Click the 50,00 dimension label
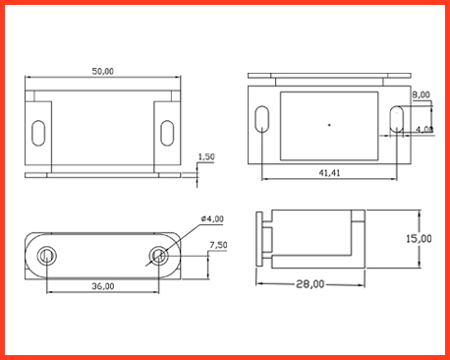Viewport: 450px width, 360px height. (103, 71)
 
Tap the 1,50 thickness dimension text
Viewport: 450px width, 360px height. (206, 156)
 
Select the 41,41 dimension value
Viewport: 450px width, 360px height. (329, 173)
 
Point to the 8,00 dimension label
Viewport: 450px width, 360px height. (421, 94)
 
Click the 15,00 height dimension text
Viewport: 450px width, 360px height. (419, 238)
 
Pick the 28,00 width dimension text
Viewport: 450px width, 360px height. (310, 284)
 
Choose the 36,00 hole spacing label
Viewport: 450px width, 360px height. (103, 286)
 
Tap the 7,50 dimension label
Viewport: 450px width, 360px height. (218, 245)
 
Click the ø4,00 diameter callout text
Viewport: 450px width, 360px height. (212, 218)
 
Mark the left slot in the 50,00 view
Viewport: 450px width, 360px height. (38, 133)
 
